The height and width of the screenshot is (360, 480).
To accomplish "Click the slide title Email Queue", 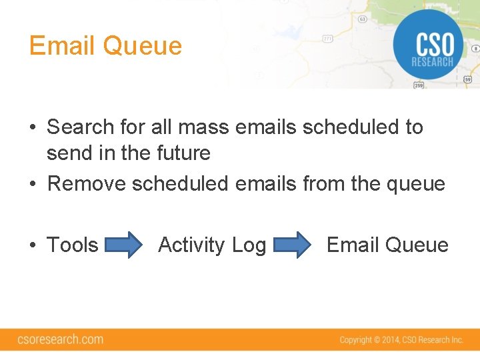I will [105, 46].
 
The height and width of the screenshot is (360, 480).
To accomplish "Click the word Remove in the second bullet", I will [87, 183].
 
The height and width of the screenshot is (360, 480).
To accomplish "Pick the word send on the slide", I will [69, 153].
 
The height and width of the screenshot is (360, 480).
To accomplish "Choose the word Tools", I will [72, 245].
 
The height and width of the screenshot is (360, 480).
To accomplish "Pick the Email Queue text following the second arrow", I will [387, 245].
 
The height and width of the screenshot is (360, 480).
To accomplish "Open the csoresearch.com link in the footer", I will [60, 339].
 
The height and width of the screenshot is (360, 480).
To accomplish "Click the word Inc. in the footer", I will [457, 340].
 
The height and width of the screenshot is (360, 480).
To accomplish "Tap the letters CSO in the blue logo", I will [434, 45].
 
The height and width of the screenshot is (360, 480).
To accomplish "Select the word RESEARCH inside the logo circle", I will [433, 63].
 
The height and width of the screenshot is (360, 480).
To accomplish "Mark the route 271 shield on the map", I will [327, 39].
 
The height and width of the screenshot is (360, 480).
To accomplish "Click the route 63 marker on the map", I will [362, 19].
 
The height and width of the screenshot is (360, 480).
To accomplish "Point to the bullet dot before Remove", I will [33, 184].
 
